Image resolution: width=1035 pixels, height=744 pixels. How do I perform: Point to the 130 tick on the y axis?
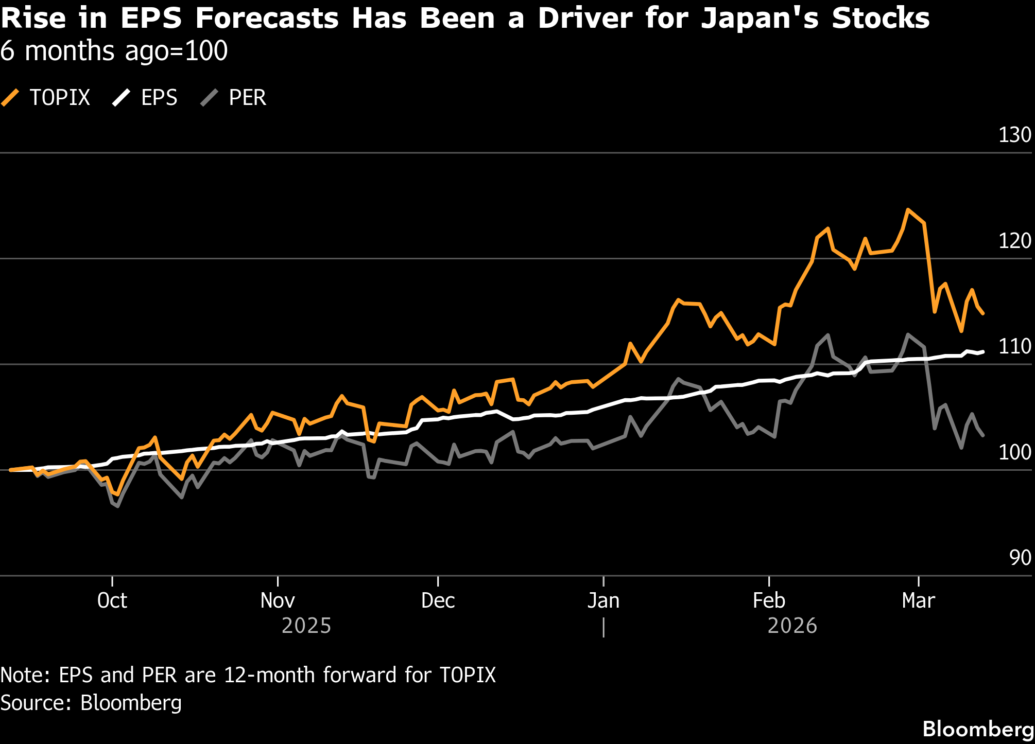tap(1014, 135)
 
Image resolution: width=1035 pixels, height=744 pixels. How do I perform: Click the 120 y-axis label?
tap(1014, 241)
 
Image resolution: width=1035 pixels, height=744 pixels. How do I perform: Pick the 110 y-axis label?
tap(1014, 347)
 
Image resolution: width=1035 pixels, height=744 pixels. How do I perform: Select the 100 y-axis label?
tap(1014, 452)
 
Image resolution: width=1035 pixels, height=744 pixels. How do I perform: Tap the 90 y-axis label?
tap(1020, 558)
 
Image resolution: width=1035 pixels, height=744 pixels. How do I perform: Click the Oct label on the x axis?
tap(112, 601)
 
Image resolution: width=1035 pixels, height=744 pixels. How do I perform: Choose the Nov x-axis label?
tap(278, 601)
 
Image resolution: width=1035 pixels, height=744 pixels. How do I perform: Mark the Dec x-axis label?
tap(438, 601)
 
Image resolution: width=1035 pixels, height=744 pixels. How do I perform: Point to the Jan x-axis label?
tap(603, 601)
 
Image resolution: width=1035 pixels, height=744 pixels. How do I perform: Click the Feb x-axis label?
tap(769, 601)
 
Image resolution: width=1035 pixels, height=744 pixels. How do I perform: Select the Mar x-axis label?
tap(919, 601)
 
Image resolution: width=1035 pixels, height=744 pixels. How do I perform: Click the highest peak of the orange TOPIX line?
tap(908, 210)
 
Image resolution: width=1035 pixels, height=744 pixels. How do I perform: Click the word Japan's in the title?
tap(760, 19)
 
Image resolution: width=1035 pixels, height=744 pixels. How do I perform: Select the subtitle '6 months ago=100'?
tap(114, 51)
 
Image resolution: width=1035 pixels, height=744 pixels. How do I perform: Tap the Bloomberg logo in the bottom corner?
tap(977, 729)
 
